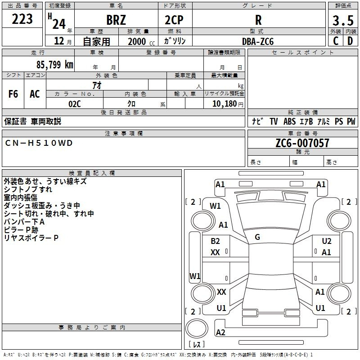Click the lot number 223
(22, 19)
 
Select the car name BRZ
(116, 20)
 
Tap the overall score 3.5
(343, 20)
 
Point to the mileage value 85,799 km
(54, 64)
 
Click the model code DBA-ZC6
(258, 41)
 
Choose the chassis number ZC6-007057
(302, 143)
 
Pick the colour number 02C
(75, 104)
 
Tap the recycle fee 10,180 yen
(228, 104)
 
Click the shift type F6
(13, 94)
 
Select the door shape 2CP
(174, 20)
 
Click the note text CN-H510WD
(39, 143)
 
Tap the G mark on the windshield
(257, 237)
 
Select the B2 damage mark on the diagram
(215, 241)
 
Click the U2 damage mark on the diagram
(327, 241)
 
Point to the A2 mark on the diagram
(220, 332)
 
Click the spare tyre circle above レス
(197, 328)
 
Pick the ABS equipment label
(289, 121)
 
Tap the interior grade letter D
(350, 41)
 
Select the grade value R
(258, 20)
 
